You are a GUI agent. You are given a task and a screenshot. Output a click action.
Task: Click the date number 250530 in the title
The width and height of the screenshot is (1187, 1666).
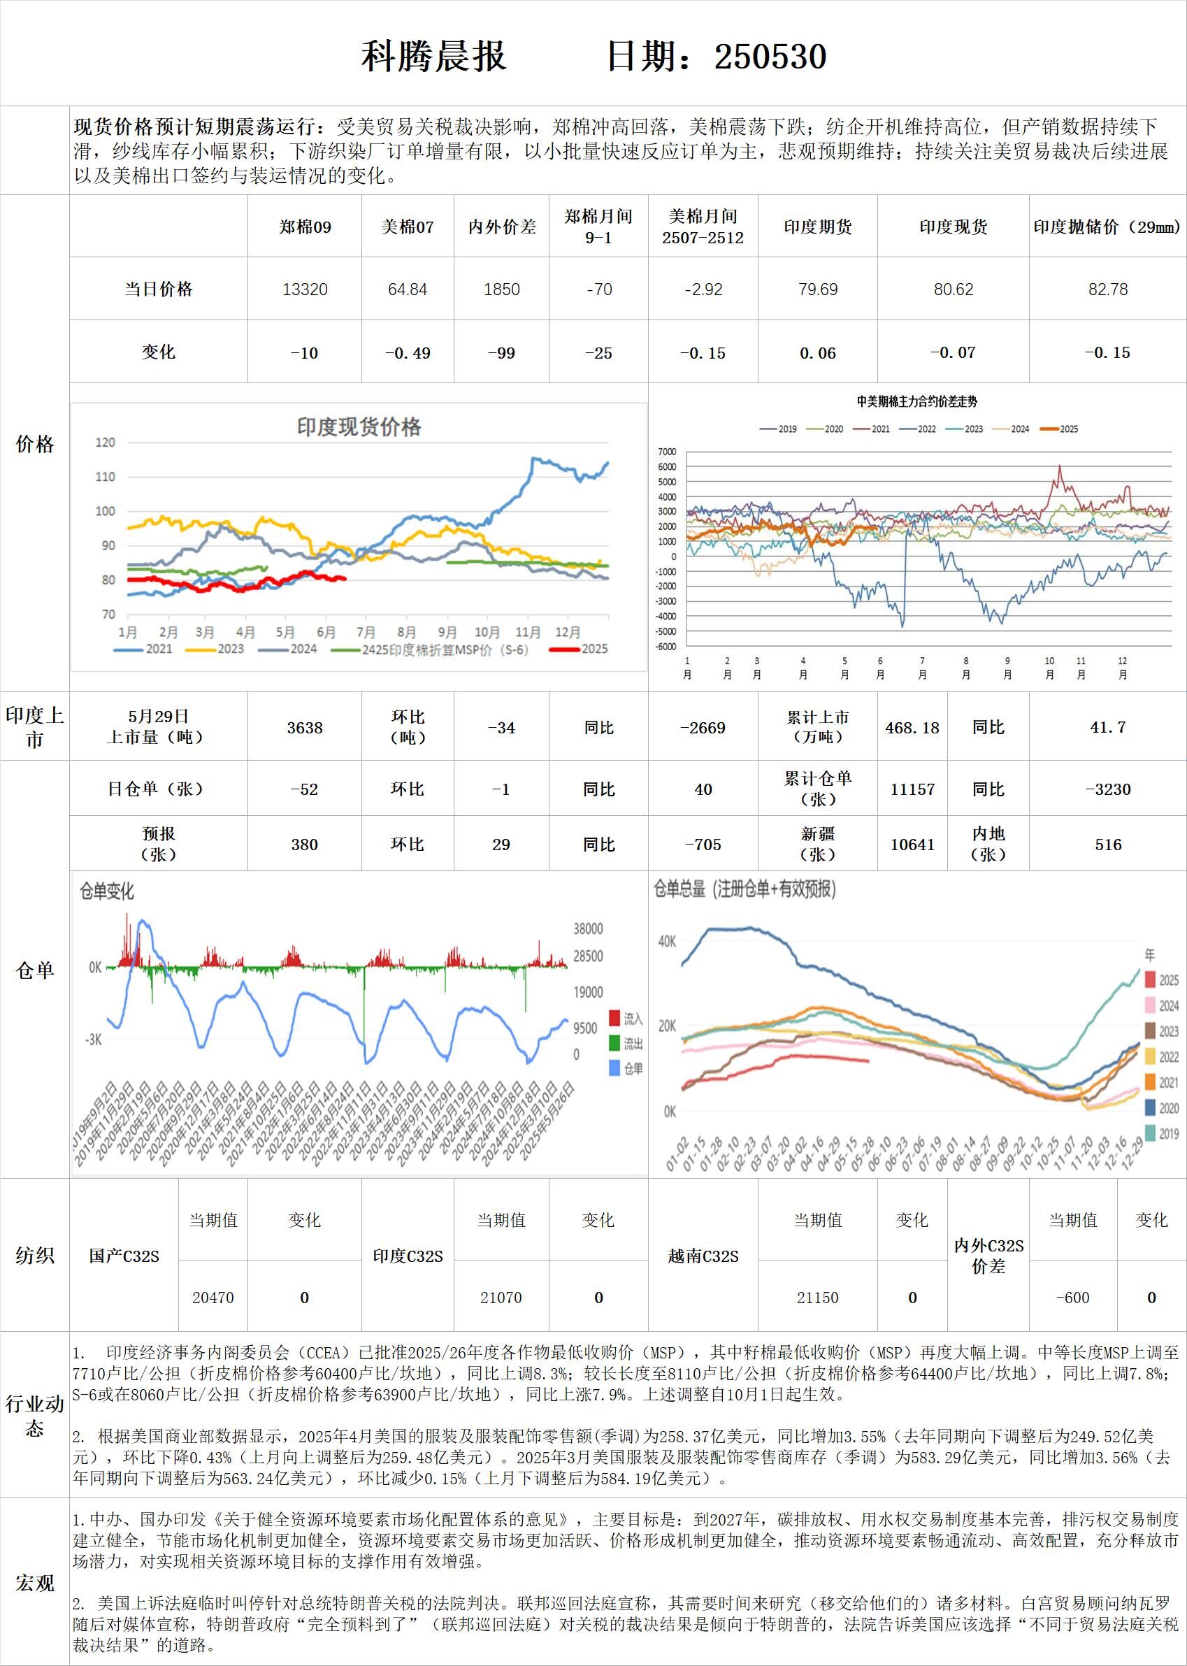pos(770,57)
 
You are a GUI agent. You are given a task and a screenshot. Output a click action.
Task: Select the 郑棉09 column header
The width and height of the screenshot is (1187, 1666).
pos(305,227)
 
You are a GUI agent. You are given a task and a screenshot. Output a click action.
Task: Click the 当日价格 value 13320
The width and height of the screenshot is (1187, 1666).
pos(305,289)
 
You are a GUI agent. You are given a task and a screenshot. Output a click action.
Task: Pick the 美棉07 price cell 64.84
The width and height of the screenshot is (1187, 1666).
pos(407,289)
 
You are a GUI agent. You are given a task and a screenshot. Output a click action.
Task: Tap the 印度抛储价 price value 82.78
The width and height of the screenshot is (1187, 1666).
pos(1107,289)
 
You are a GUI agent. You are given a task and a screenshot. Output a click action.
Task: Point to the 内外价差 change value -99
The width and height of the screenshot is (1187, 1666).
pos(501,353)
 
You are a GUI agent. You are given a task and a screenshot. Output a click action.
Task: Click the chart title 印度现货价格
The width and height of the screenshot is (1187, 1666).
pos(358,427)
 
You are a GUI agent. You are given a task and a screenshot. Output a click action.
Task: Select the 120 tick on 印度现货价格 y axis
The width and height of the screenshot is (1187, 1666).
pos(106,443)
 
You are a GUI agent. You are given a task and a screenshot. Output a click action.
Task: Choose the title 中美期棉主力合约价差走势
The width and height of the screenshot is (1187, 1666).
pos(916,401)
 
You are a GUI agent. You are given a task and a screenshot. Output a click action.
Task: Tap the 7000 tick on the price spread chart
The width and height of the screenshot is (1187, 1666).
pos(667,452)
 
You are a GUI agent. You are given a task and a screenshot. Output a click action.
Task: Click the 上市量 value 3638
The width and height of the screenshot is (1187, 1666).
pos(305,727)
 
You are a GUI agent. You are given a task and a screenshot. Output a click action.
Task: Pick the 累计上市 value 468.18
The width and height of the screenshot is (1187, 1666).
pos(912,727)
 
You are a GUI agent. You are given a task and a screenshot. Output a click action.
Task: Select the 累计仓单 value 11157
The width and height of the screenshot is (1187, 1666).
pos(912,789)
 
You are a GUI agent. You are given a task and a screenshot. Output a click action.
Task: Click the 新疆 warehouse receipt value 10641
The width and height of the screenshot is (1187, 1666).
pos(912,845)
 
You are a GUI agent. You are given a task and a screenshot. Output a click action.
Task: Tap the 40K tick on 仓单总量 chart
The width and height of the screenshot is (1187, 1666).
pos(667,942)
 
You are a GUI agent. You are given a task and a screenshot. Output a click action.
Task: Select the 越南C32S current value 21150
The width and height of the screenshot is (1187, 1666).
pos(817,1298)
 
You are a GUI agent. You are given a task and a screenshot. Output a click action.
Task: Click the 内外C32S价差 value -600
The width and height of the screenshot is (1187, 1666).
pos(1072,1298)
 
